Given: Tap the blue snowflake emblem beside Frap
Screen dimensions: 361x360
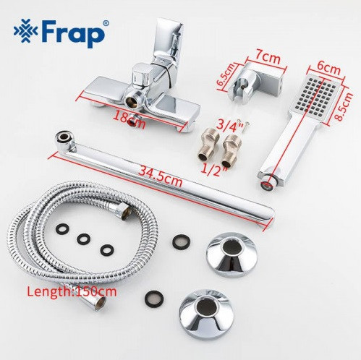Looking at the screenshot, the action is tap(25, 30).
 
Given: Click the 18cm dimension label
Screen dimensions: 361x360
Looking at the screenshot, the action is tap(129, 119).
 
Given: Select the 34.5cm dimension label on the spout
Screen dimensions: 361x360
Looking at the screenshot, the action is tap(161, 177).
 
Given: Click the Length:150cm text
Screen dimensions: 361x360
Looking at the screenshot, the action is tap(72, 291).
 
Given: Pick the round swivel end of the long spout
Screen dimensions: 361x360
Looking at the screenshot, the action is tap(64, 139).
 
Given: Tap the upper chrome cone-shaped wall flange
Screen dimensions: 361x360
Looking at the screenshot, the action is tap(232, 254).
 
